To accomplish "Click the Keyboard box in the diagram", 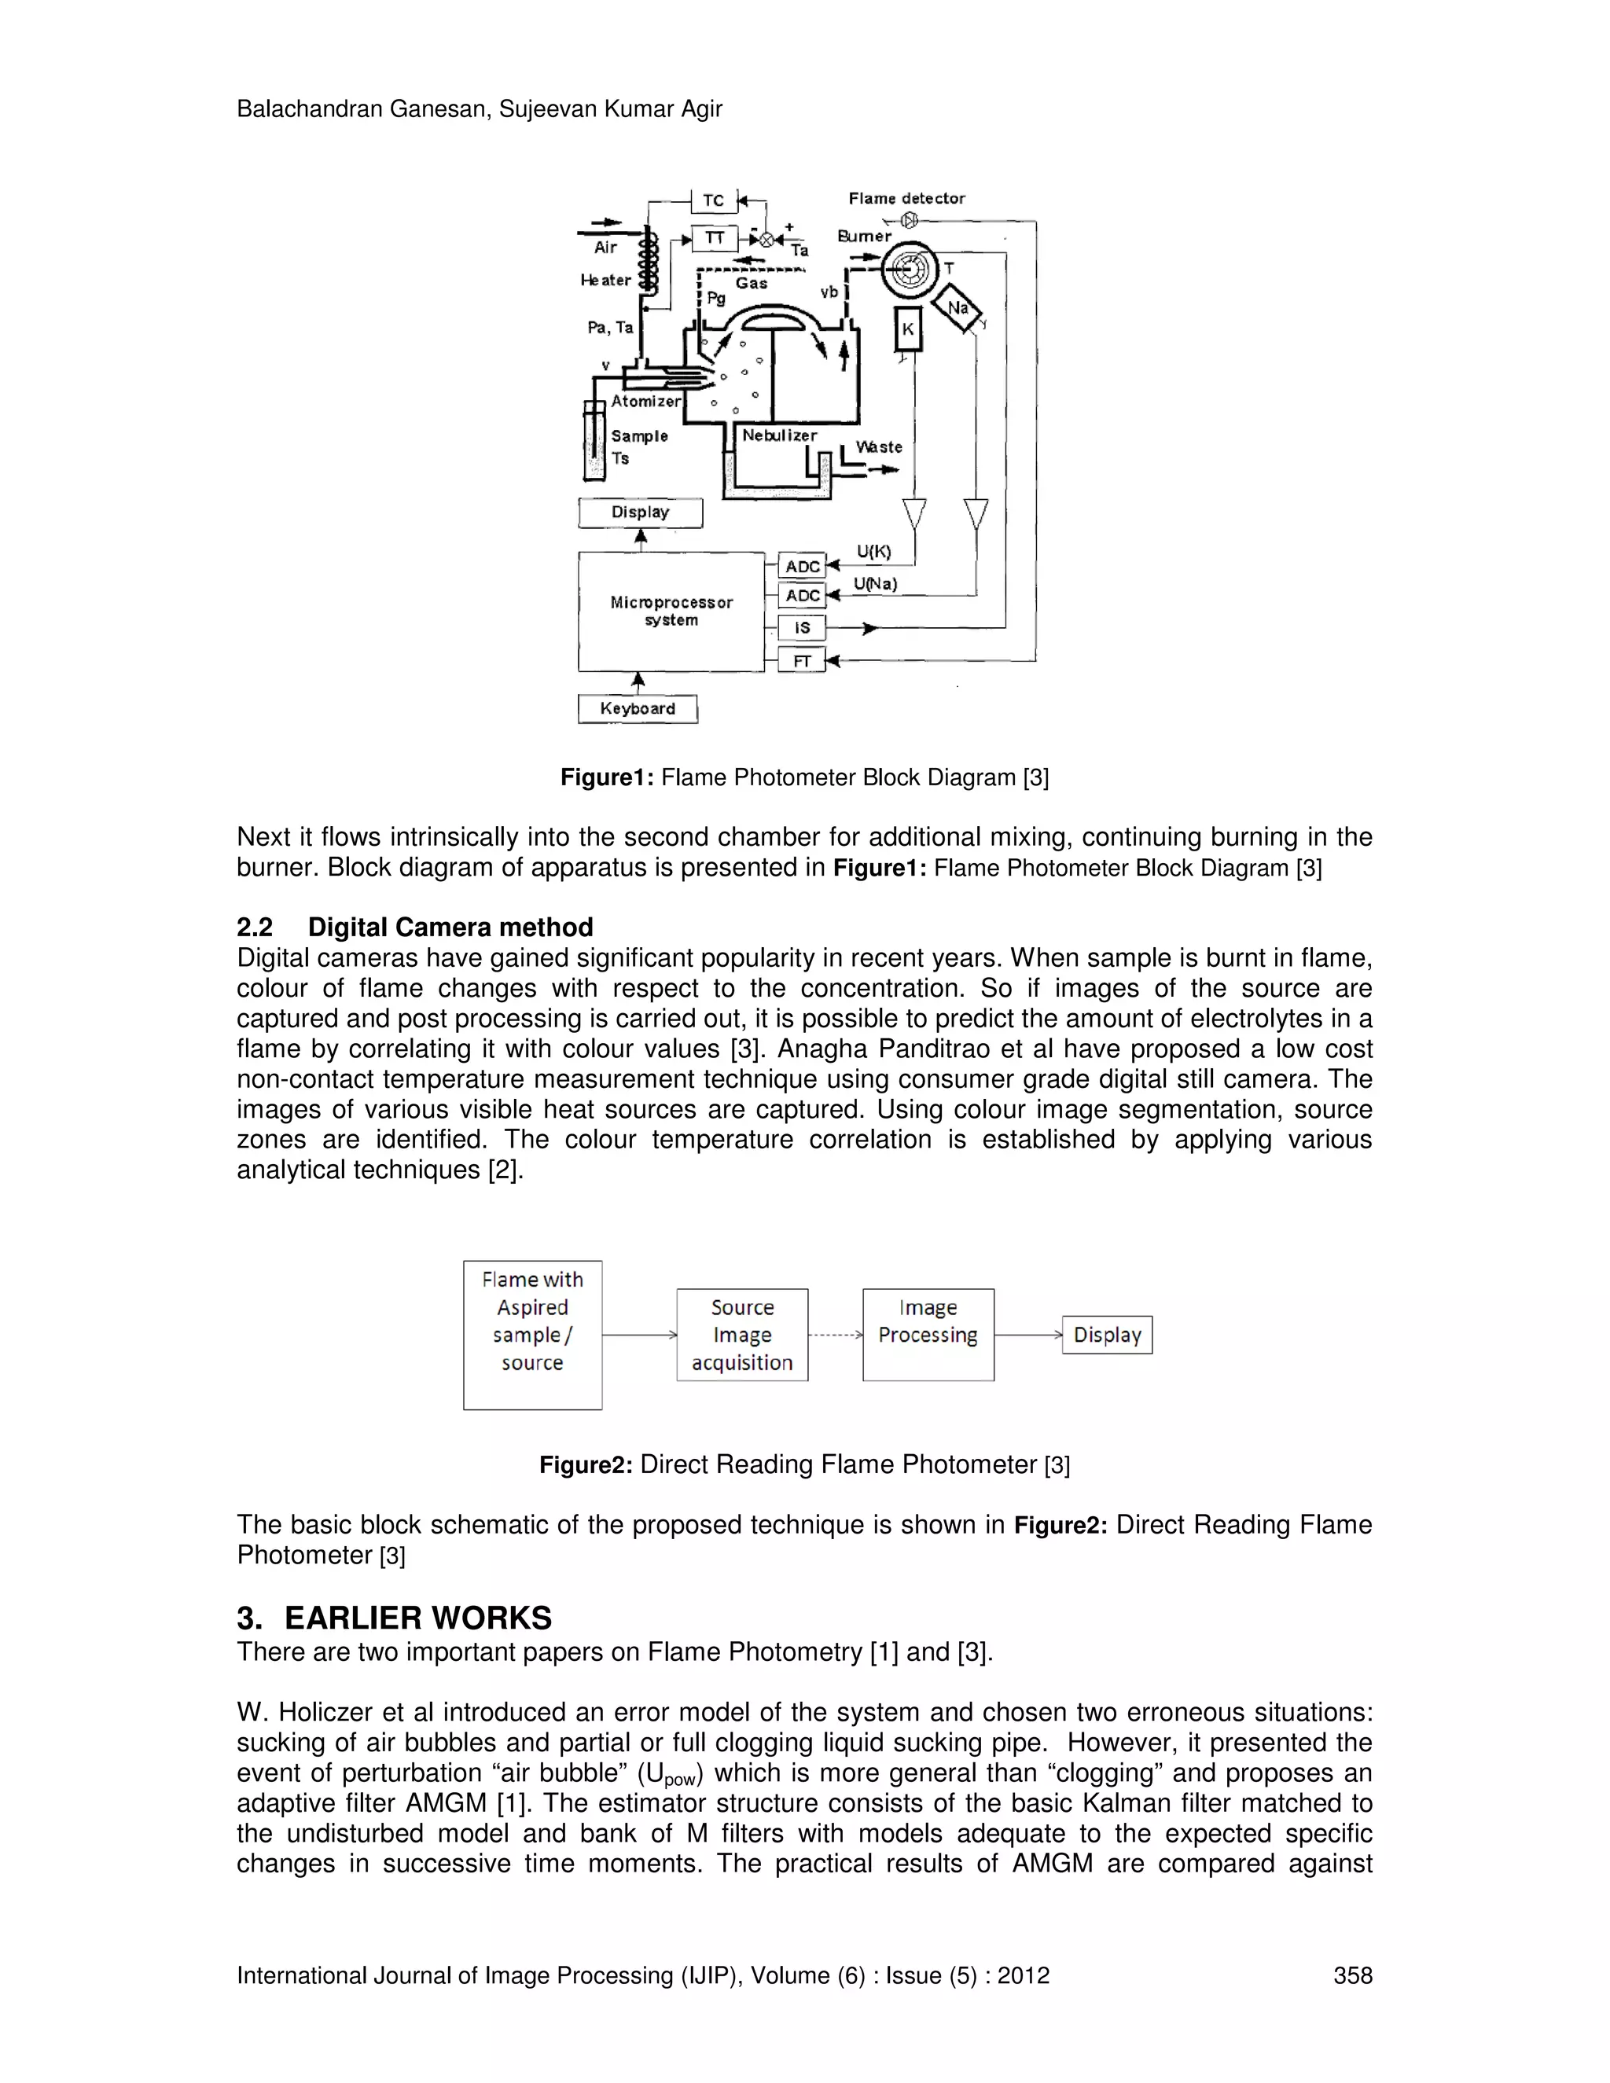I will pyautogui.click(x=637, y=709).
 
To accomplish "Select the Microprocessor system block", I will pyautogui.click(x=671, y=612).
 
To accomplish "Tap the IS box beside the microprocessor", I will pyautogui.click(x=802, y=627).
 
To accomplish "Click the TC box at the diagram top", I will pyautogui.click(x=714, y=200).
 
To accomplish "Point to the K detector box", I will pyautogui.click(x=908, y=329).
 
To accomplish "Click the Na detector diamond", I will pyautogui.click(x=958, y=308).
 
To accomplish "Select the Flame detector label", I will pyautogui.click(x=906, y=198).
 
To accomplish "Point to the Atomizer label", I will pyautogui.click(x=645, y=402).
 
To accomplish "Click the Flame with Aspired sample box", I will pyautogui.click(x=532, y=1335).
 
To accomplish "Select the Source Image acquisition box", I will pyautogui.click(x=742, y=1335).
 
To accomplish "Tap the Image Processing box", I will pyautogui.click(x=928, y=1335).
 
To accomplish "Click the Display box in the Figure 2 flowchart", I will pyautogui.click(x=1108, y=1335).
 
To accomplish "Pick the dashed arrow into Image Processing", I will pyautogui.click(x=836, y=1335).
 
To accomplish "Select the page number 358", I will pyautogui.click(x=1352, y=1975).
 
